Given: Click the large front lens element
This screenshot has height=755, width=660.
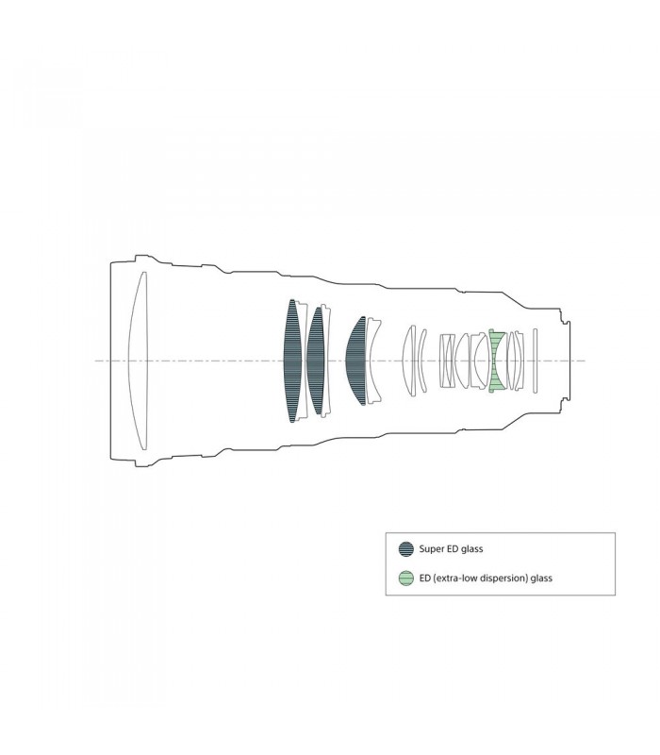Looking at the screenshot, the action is (138, 361).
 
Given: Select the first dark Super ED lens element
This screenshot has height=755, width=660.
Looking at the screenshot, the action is (292, 361).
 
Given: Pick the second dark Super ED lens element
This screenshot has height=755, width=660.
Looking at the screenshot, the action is (316, 361).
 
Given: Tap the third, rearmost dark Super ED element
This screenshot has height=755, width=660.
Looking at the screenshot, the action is (357, 361).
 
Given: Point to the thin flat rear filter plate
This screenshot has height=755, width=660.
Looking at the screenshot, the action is (535, 361).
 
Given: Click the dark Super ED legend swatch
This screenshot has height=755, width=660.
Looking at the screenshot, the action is (406, 549).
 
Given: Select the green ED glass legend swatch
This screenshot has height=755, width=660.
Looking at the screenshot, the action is (406, 578).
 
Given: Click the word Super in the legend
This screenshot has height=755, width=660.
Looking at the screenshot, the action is (431, 549).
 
